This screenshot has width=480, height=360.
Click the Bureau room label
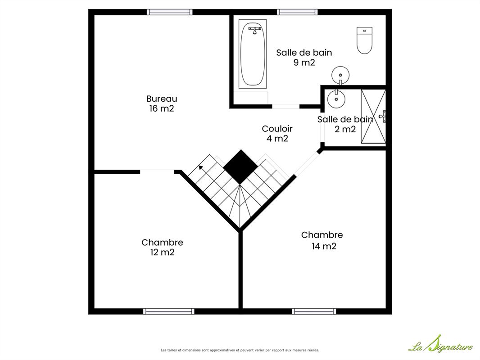click(x=162, y=99)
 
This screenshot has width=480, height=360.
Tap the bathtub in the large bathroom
click(x=253, y=54)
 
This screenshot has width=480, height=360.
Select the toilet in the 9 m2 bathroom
click(x=364, y=40)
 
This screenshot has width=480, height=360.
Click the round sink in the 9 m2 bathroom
click(x=340, y=75)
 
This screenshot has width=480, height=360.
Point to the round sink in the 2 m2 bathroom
click(x=336, y=99)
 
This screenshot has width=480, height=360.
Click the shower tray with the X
click(x=373, y=116)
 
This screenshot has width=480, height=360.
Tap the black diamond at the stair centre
click(x=240, y=167)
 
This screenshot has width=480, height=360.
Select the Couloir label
click(x=277, y=129)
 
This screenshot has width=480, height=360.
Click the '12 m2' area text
click(x=162, y=252)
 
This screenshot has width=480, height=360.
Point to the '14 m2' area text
click(x=324, y=246)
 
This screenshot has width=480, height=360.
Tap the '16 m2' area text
click(x=162, y=108)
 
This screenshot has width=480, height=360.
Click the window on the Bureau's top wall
click(x=170, y=12)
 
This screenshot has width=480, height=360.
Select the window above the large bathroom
click(x=297, y=12)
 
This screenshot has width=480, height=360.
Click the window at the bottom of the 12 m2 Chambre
click(x=169, y=311)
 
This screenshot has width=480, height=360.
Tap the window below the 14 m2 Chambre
click(x=314, y=311)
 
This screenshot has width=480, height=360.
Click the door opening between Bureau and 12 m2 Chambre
click(x=157, y=172)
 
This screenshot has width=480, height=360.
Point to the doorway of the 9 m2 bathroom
click(x=285, y=107)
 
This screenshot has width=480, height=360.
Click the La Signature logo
click(x=441, y=344)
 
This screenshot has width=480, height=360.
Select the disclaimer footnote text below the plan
click(x=240, y=350)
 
